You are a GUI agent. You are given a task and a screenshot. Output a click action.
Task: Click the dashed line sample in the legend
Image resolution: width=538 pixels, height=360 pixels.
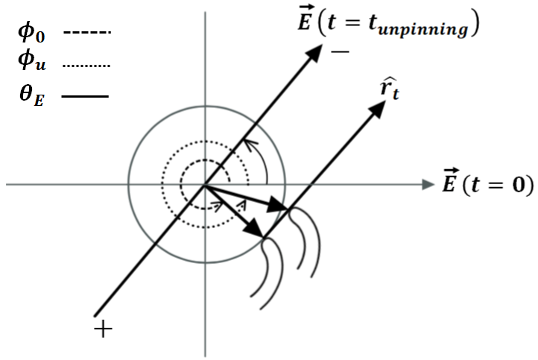point(86,33)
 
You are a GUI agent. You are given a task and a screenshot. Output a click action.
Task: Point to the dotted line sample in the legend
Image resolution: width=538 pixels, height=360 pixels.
point(86,66)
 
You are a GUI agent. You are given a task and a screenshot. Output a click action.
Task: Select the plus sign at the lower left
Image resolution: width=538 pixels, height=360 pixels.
point(104,328)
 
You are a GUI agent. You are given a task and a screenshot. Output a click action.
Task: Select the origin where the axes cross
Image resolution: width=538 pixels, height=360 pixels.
point(204,183)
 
